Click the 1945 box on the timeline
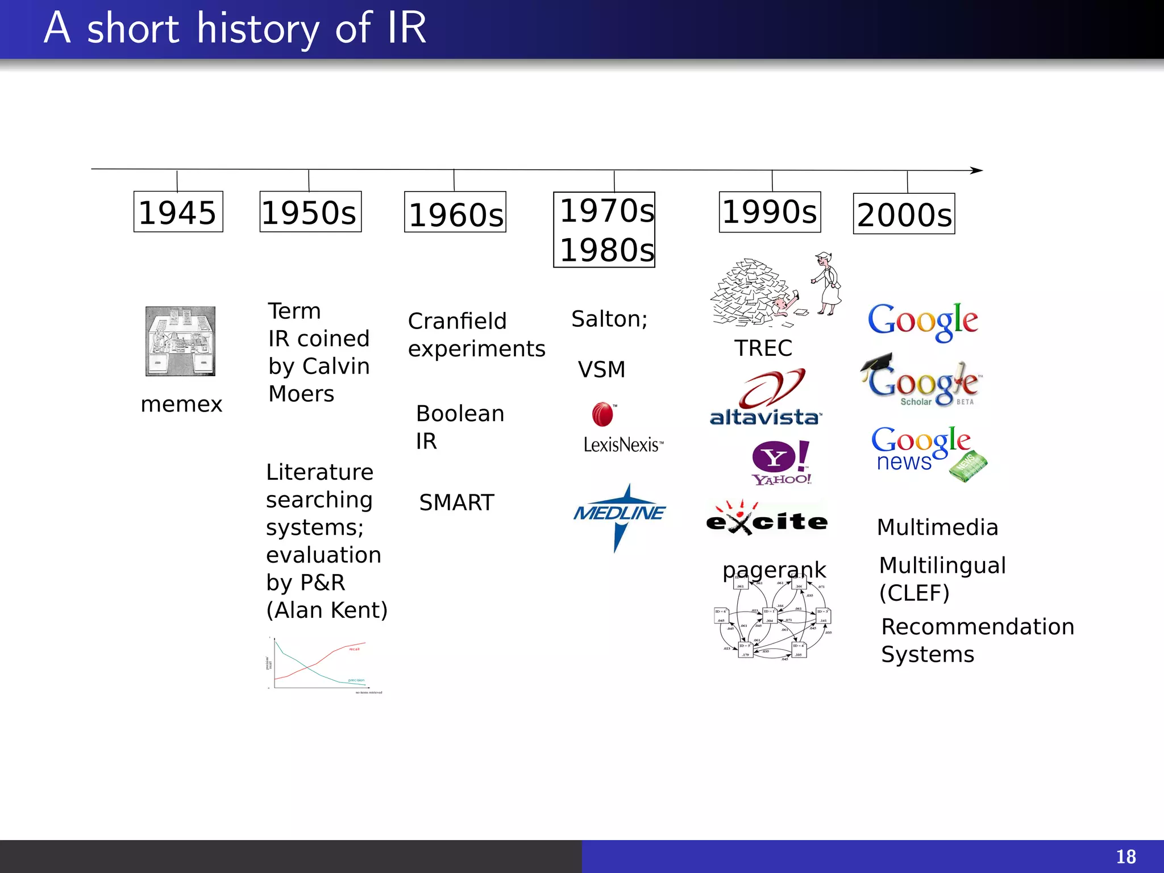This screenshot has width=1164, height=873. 178,212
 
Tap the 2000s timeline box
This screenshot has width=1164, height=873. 904,214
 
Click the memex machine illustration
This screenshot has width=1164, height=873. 180,341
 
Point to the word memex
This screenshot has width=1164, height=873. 181,404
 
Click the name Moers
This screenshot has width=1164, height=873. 301,394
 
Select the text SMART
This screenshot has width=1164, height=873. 456,502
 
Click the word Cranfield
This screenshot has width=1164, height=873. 457,321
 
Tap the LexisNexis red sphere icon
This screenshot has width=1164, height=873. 602,414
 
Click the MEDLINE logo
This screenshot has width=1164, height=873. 620,513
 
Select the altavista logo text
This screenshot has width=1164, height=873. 764,417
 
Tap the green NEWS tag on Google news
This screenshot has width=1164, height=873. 968,467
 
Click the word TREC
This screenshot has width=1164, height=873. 763,348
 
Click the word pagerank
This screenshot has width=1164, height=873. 774,569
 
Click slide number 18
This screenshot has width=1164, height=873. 1125,857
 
